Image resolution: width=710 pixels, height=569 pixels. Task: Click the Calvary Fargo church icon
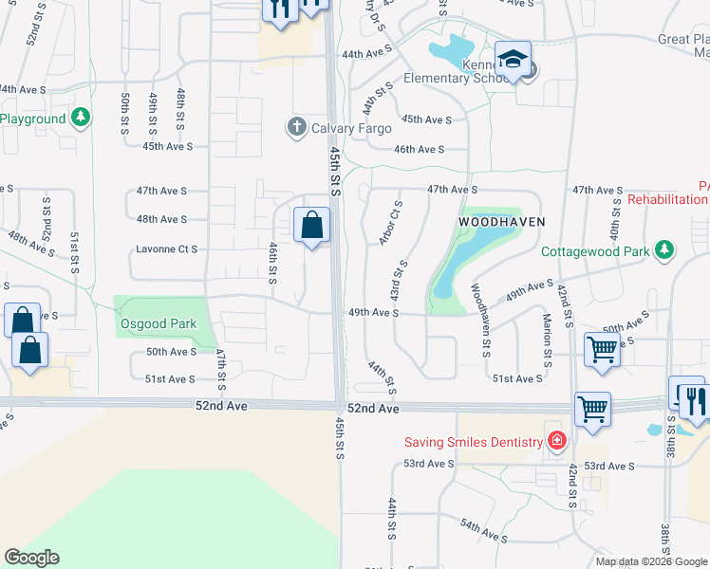tap(296, 127)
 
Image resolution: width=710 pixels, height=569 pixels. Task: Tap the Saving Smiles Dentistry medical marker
tap(556, 441)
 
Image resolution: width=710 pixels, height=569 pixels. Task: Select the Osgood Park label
tap(159, 324)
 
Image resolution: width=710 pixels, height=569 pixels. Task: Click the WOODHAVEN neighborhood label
tap(502, 221)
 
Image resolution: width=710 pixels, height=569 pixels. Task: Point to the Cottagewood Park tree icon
tap(665, 251)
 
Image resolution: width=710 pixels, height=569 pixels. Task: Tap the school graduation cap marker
tap(513, 60)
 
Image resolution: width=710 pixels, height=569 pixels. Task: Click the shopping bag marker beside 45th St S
tap(311, 227)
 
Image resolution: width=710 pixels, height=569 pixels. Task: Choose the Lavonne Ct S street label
tap(167, 249)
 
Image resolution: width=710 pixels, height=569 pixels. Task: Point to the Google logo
tap(31, 558)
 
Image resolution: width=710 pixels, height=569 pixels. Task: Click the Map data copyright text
tap(651, 560)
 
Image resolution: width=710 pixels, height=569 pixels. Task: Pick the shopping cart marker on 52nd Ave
tap(592, 409)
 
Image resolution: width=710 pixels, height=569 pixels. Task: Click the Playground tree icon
tap(82, 119)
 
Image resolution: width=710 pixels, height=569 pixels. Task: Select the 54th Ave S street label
tap(484, 530)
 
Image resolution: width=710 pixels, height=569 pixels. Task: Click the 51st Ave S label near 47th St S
tap(169, 379)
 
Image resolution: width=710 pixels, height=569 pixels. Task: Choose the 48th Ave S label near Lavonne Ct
tap(161, 219)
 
